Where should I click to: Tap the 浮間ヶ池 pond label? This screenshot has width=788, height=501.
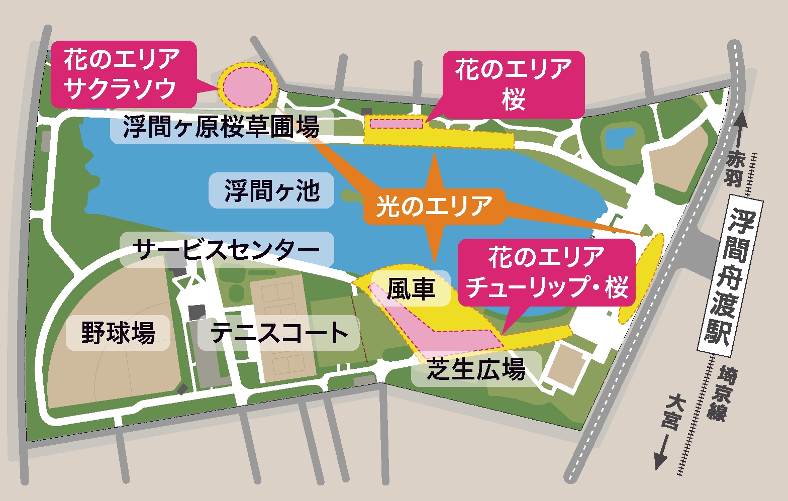click(271, 190)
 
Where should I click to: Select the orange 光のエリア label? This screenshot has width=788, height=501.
click(434, 206)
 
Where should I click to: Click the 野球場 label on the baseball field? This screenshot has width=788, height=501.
click(118, 333)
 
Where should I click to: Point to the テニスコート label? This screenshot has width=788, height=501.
click(279, 333)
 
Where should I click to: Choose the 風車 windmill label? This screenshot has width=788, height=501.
click(411, 288)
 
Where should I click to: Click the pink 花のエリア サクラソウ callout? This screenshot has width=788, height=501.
click(123, 73)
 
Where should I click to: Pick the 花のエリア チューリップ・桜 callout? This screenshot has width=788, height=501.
click(547, 272)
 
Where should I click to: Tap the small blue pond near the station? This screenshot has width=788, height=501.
click(619, 137)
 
